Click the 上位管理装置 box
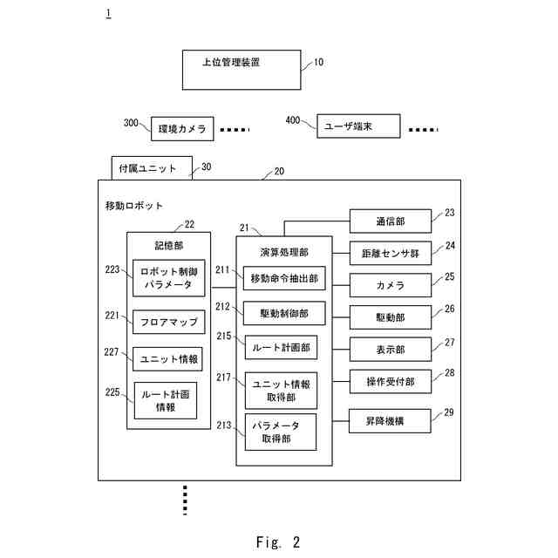(x=242, y=69)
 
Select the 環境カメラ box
(x=182, y=129)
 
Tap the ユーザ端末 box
(x=357, y=126)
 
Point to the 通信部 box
(x=390, y=221)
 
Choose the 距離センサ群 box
(x=390, y=253)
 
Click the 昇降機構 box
(x=390, y=420)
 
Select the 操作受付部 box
(x=390, y=381)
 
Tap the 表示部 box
(x=390, y=349)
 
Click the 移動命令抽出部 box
(x=283, y=278)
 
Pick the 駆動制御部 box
(x=283, y=312)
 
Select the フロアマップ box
(x=168, y=322)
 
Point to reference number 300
(x=131, y=124)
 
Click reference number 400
(x=293, y=119)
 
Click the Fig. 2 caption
(x=278, y=542)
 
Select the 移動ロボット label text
(x=134, y=206)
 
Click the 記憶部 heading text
(x=169, y=246)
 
